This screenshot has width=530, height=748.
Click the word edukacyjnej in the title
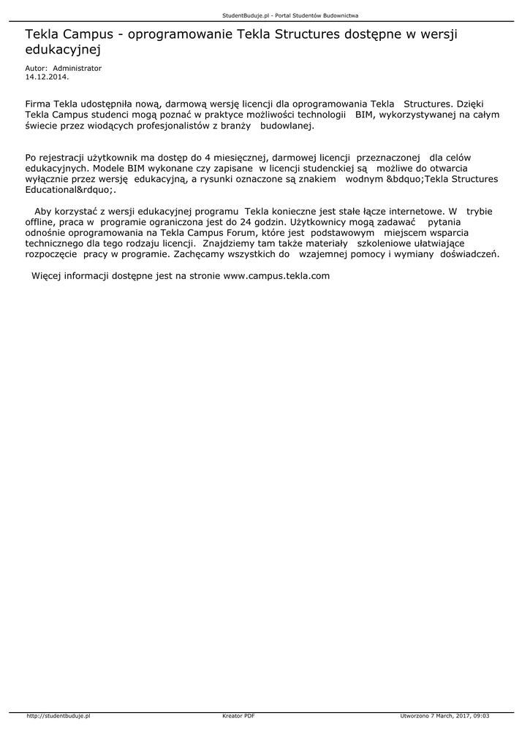pos(62,50)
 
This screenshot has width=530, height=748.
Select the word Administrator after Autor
pos(77,68)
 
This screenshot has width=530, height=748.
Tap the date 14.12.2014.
pos(47,75)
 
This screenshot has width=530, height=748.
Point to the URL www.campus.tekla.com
pos(276,276)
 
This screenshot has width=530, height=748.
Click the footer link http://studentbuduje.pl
pos(58,716)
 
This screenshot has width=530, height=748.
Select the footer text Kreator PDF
pos(238,716)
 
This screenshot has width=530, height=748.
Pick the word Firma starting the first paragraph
pos(37,104)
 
